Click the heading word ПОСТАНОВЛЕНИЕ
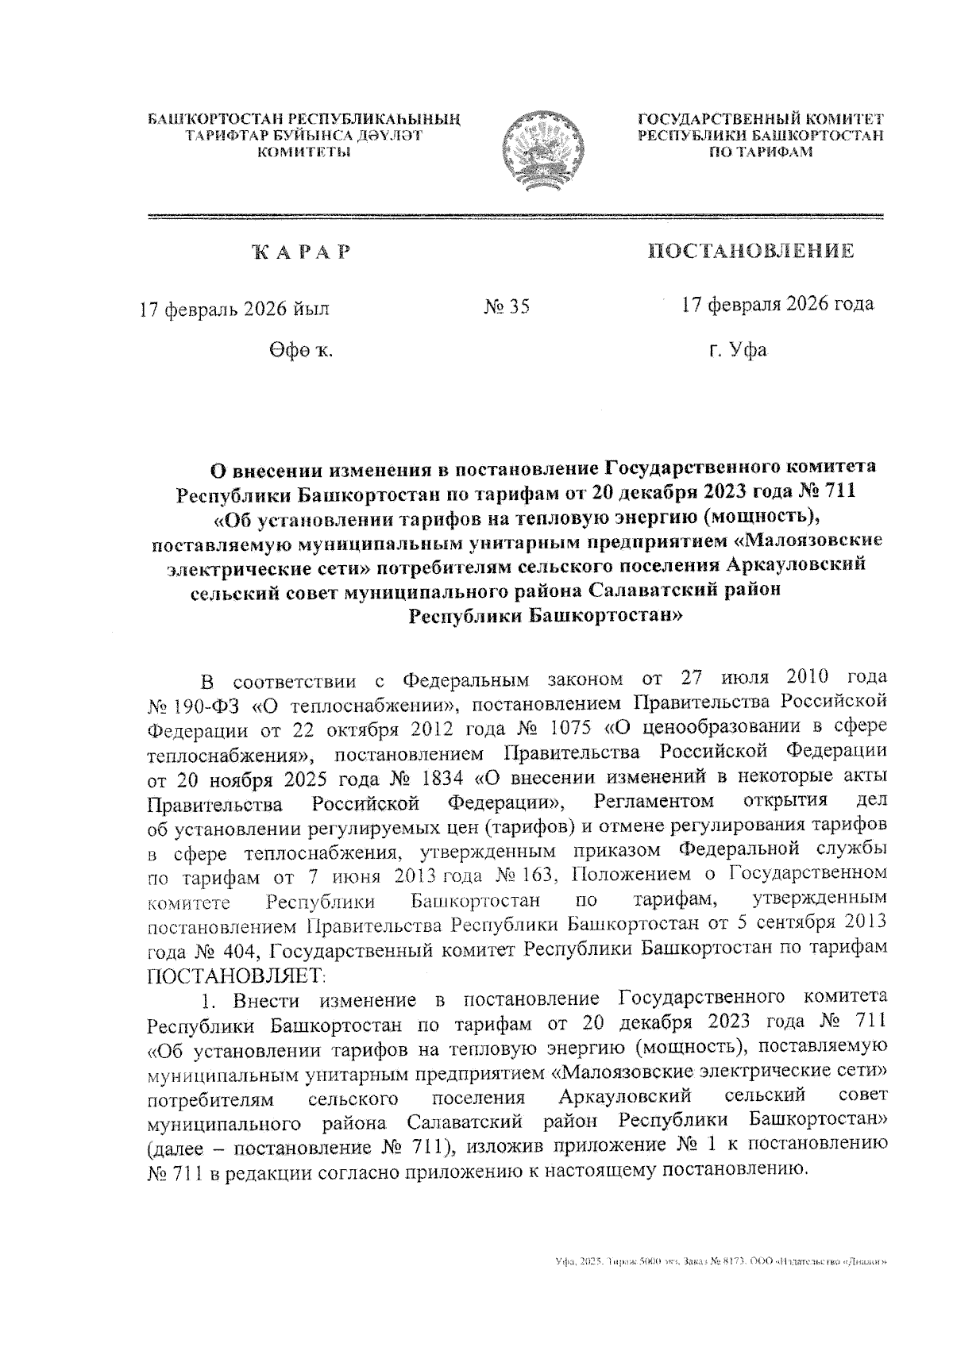click(751, 252)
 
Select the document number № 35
click(506, 307)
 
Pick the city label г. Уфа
click(738, 349)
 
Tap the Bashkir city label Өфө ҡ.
click(300, 350)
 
